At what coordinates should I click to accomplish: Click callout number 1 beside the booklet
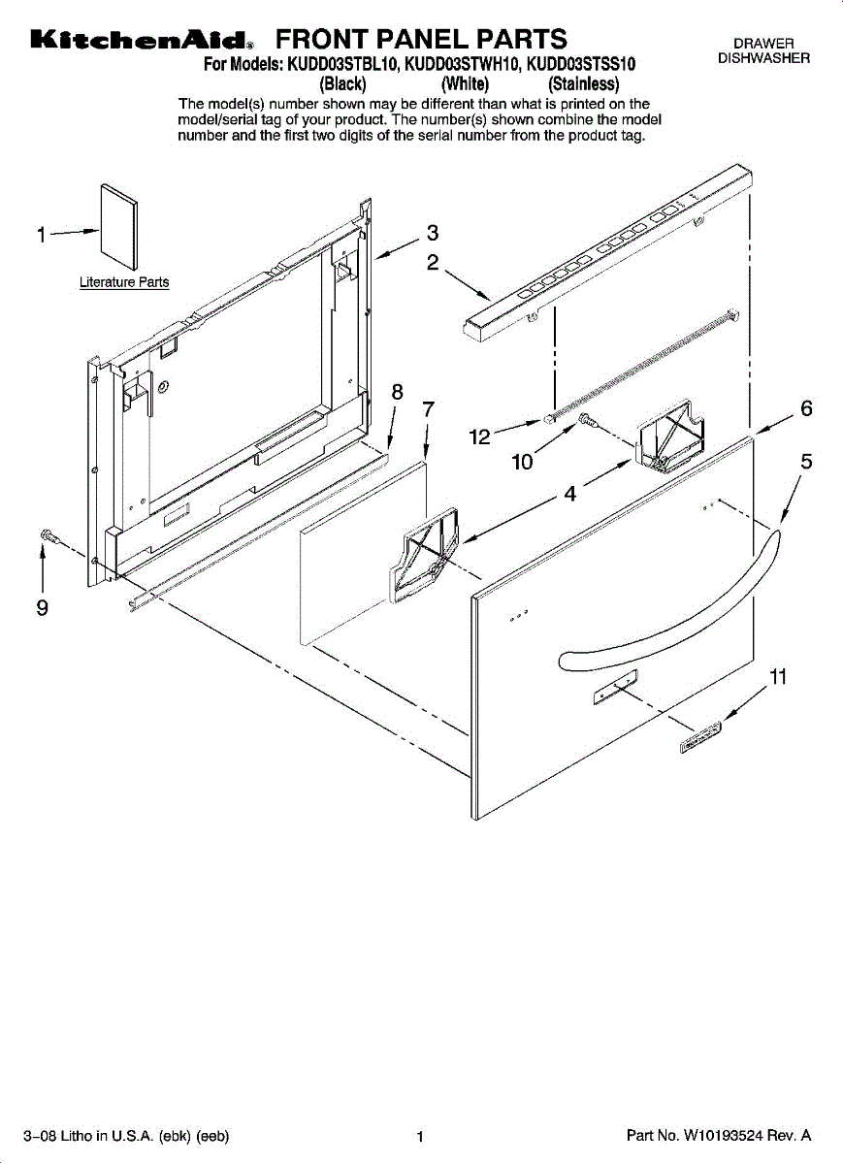click(42, 235)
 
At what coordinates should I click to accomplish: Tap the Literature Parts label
click(124, 283)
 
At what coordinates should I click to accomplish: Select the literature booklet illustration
click(119, 226)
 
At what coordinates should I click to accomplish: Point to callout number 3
click(433, 233)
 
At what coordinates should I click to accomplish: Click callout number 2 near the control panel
click(433, 262)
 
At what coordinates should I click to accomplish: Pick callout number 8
click(396, 393)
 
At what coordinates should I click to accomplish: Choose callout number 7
click(428, 409)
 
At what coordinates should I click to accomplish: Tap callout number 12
click(479, 437)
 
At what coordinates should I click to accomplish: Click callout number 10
click(523, 463)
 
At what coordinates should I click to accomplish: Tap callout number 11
click(777, 677)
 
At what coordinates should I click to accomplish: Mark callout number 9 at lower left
click(42, 608)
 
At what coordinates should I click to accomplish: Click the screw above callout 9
click(48, 535)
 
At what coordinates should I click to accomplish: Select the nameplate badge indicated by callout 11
click(699, 736)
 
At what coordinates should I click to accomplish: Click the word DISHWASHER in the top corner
click(763, 58)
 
